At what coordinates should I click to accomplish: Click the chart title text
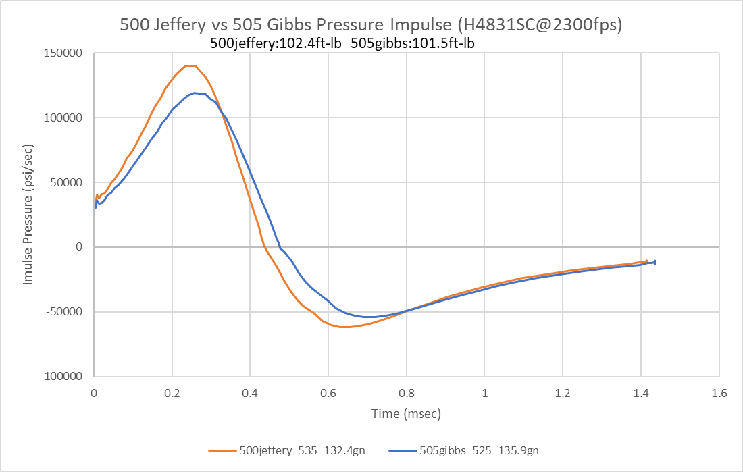371,25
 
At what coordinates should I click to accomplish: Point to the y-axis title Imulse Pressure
28,215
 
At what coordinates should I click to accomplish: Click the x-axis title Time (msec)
406,413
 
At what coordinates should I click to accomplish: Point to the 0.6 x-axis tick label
328,392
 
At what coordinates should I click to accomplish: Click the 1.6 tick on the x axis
719,392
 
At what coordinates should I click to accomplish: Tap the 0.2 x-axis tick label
172,392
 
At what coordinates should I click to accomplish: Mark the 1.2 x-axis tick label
563,392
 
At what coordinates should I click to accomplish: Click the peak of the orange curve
190,65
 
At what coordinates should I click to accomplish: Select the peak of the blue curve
195,93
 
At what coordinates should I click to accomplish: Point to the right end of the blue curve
655,262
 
